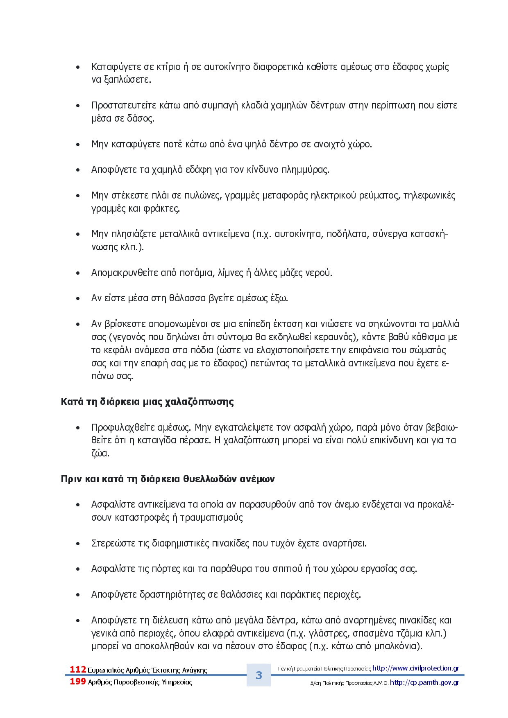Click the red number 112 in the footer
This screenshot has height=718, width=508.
pos(78,669)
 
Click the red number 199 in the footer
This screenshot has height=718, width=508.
pos(78,682)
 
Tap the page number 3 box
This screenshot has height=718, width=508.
pos(259,675)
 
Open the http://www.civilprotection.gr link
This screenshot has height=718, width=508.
pos(415,668)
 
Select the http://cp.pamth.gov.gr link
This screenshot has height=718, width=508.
pos(424,682)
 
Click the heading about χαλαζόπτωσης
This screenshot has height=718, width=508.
pos(147,402)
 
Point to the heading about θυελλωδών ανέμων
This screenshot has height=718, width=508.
pos(168,479)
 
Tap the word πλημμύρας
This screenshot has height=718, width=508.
pos(305,170)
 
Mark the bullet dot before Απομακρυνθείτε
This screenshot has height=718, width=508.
pos(78,273)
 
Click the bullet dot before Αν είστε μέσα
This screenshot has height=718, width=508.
pos(78,298)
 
